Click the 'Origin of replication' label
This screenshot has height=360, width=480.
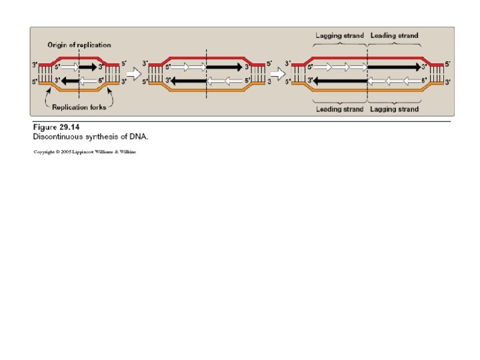(x=79, y=45)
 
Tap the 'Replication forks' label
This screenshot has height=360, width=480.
(x=79, y=105)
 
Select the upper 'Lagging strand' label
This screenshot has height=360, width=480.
(x=339, y=35)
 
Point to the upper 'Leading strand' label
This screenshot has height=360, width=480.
(x=395, y=35)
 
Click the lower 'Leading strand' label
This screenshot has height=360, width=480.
(x=339, y=109)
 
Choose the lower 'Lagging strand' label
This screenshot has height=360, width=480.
(x=395, y=109)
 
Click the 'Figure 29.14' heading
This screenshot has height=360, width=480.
(x=56, y=127)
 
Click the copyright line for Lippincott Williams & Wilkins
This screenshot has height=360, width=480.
(x=85, y=153)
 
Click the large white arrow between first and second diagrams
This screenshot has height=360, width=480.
(x=134, y=73)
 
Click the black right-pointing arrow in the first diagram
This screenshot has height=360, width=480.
(x=89, y=67)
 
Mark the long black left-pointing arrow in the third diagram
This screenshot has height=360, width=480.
(x=339, y=80)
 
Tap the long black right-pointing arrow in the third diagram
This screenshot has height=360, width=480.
(x=395, y=67)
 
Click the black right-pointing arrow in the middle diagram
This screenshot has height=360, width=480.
(x=224, y=67)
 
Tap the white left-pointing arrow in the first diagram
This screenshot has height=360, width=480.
(x=89, y=80)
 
